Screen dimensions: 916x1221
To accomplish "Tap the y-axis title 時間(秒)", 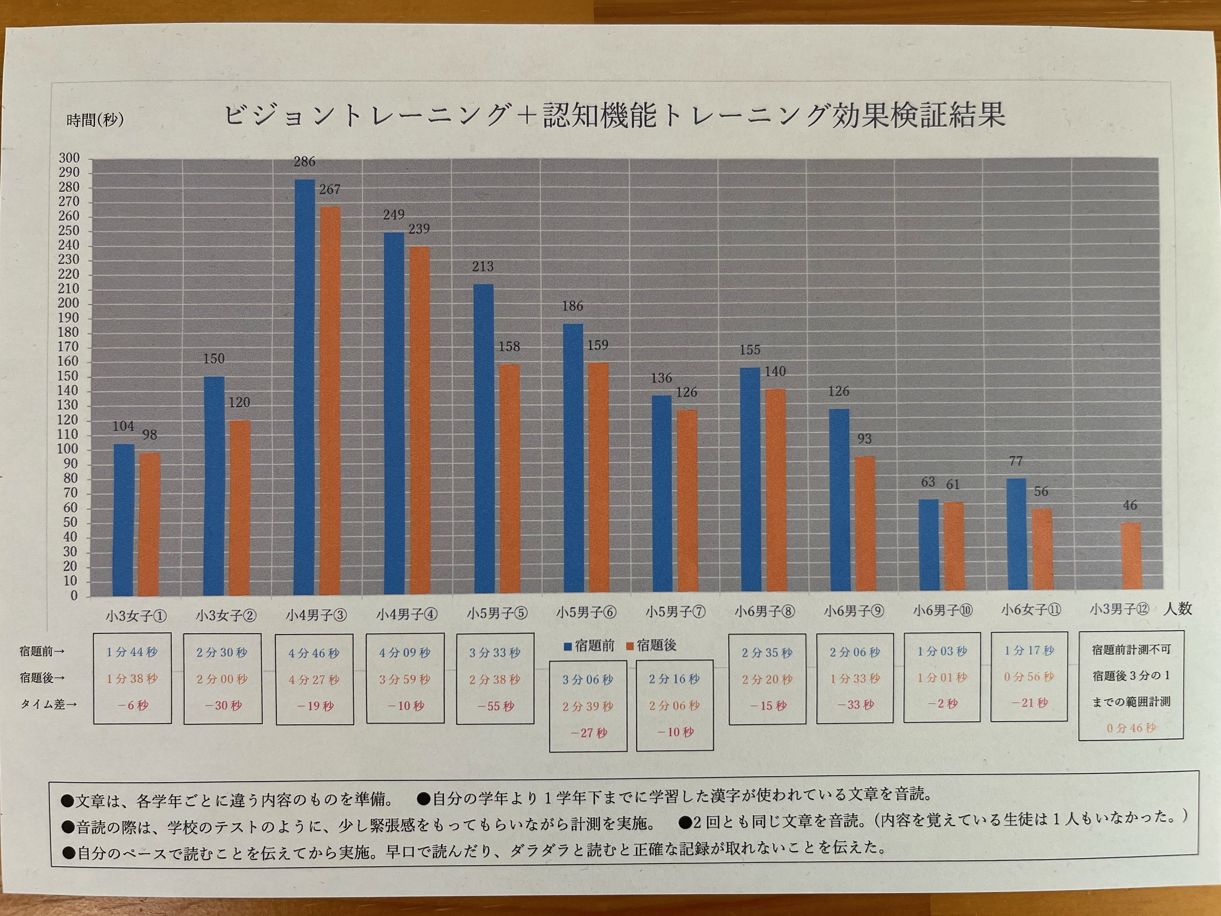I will pyautogui.click(x=95, y=120).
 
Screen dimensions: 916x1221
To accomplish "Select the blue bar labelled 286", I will pyautogui.click(x=304, y=387).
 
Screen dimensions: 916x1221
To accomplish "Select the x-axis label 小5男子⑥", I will pyautogui.click(x=586, y=612).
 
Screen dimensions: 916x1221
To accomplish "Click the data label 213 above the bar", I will pyautogui.click(x=482, y=267).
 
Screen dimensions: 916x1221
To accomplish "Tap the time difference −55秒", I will pyautogui.click(x=495, y=706).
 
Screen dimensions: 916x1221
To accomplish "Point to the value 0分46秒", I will pyautogui.click(x=1130, y=728).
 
